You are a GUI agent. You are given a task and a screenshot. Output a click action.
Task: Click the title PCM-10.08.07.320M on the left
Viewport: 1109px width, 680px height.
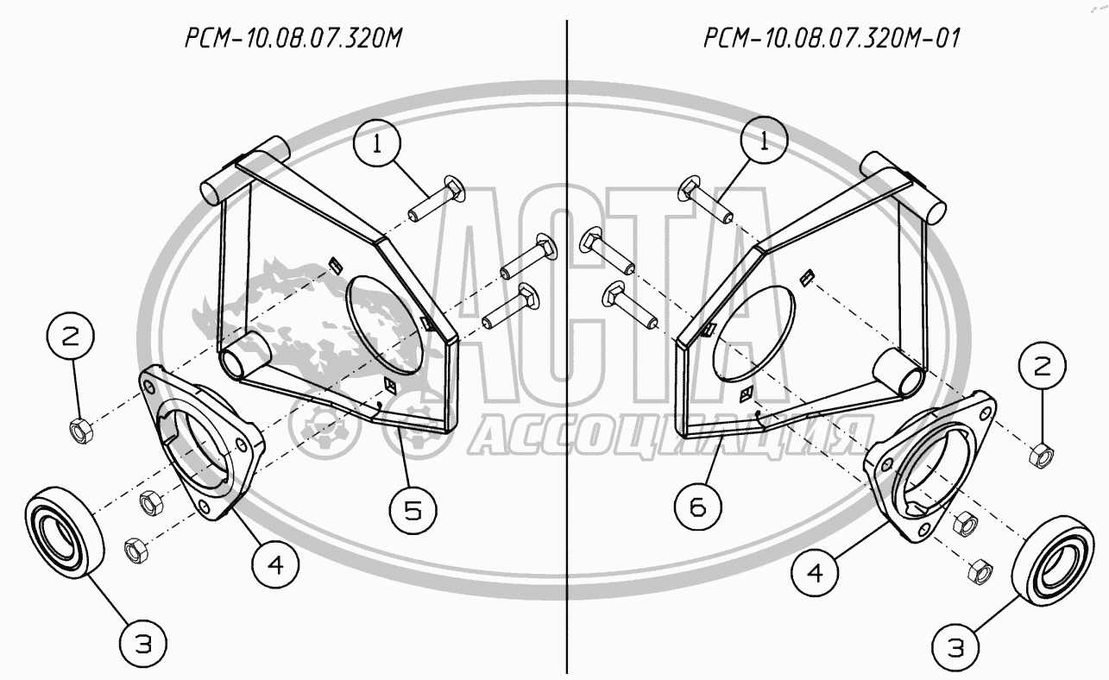[x=293, y=38]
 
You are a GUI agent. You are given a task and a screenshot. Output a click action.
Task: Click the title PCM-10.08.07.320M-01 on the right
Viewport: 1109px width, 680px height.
[x=832, y=38]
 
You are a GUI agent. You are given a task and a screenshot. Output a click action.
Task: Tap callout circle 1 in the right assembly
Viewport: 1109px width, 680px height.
[x=764, y=141]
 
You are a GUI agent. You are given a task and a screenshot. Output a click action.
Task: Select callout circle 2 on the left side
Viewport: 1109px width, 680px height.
[x=70, y=337]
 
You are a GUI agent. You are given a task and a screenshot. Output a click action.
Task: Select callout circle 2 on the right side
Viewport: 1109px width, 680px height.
[x=1043, y=366]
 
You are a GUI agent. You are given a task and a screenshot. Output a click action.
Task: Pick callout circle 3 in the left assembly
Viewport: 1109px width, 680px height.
[x=143, y=644]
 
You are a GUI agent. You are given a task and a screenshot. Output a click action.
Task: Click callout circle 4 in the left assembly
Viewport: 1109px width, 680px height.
[x=275, y=564]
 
